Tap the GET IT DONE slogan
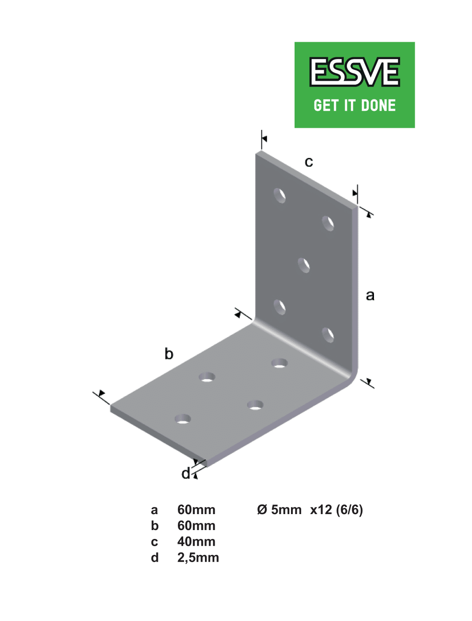354,105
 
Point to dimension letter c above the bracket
309,162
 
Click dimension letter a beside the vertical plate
370,295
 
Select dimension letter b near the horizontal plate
169,354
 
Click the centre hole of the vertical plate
304,265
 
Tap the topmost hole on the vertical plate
279,196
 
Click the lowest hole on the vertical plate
328,335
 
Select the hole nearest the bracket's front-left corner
183,419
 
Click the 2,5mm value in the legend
198,558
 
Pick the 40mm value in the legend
196,542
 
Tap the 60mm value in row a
196,510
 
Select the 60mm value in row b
196,526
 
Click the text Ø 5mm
279,510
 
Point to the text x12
321,510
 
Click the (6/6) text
349,510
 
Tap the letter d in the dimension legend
155,558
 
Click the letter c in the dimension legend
154,542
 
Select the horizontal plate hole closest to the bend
279,364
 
